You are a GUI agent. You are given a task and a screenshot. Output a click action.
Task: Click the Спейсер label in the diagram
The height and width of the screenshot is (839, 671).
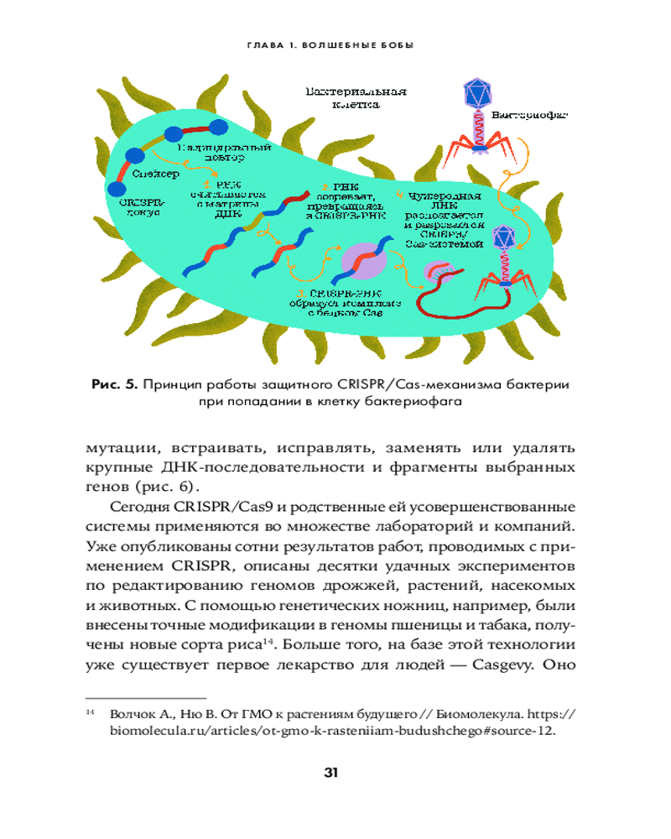tap(155, 174)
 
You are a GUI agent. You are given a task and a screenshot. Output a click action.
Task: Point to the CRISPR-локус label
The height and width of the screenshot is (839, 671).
tap(143, 207)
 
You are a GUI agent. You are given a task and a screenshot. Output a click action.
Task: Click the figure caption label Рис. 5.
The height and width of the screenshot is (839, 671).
tap(115, 385)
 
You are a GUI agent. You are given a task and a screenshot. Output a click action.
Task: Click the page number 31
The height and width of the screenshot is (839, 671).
tap(335, 772)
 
